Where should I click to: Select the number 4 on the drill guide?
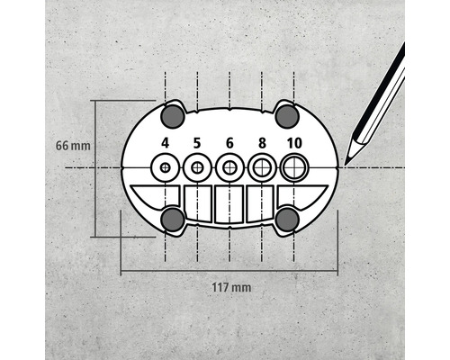click(166, 142)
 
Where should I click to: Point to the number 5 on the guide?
click(197, 142)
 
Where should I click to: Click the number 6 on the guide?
click(229, 142)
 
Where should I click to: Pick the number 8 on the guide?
click(262, 142)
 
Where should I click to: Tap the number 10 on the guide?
click(294, 142)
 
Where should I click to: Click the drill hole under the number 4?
click(166, 167)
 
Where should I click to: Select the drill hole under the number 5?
click(197, 167)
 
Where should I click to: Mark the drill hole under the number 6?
click(229, 167)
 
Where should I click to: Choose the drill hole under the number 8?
click(262, 167)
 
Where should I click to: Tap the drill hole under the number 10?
click(294, 167)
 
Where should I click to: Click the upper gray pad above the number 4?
click(173, 115)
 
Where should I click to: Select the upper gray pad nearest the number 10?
click(286, 115)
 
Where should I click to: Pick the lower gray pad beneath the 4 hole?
click(173, 219)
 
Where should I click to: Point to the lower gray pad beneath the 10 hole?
click(287, 219)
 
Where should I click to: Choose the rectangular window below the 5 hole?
click(198, 203)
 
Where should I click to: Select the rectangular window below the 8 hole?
click(261, 203)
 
